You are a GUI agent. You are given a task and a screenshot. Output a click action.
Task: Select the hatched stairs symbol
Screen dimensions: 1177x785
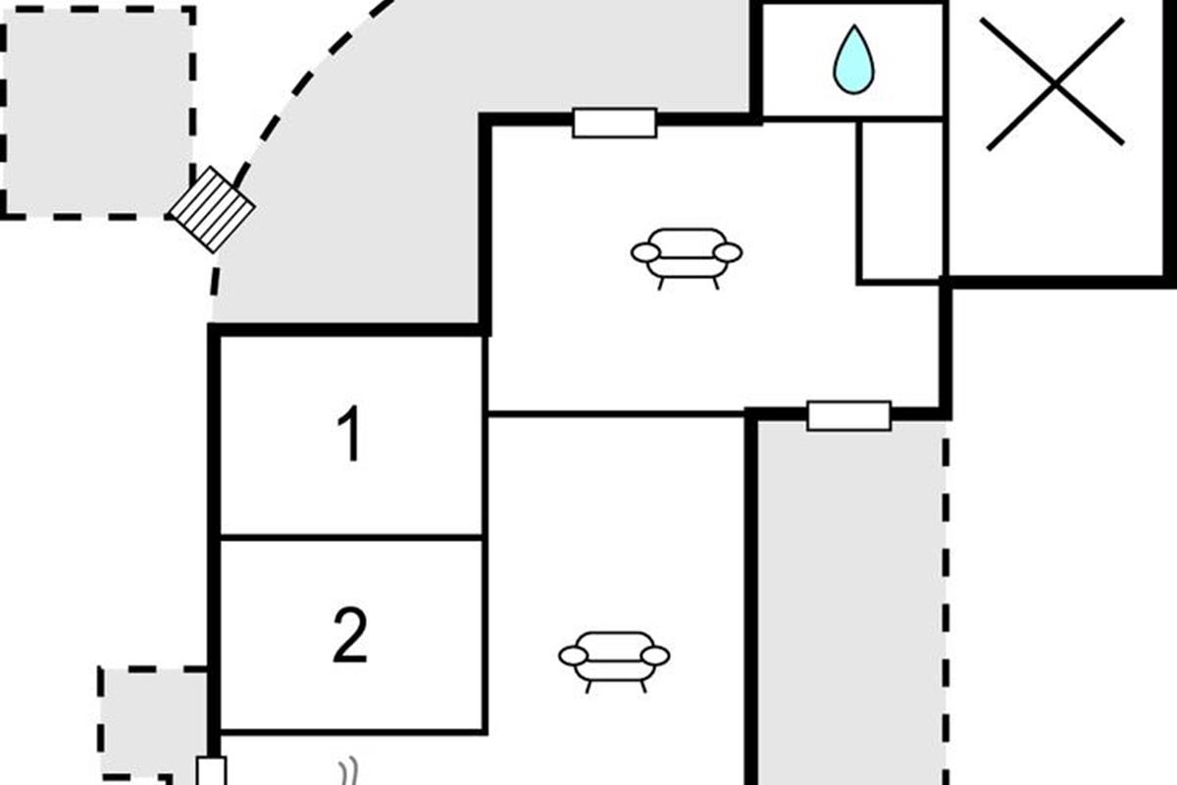[212, 209]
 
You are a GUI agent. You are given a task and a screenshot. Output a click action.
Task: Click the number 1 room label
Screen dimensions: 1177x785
[349, 434]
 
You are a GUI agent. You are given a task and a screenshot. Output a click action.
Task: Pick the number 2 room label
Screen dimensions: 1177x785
[350, 635]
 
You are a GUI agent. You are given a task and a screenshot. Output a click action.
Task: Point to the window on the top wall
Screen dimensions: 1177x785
[615, 123]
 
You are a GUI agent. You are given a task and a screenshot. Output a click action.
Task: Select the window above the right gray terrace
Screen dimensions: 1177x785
[849, 416]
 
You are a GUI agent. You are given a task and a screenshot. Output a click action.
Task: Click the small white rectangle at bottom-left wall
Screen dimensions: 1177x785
[211, 771]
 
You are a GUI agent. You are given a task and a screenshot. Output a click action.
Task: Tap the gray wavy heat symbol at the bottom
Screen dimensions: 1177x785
[349, 772]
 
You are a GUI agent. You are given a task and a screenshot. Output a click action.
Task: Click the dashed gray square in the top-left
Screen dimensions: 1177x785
[98, 113]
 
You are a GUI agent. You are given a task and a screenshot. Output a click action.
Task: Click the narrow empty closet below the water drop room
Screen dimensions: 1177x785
[901, 202]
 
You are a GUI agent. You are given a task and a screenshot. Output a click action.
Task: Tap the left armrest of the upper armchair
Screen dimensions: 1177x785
[645, 253]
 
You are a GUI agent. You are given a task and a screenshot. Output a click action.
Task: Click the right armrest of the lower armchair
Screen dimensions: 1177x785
[655, 656]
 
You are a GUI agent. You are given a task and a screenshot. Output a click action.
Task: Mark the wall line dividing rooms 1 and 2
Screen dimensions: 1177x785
[351, 538]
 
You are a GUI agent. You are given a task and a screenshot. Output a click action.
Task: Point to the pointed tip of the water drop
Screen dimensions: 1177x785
[854, 26]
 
